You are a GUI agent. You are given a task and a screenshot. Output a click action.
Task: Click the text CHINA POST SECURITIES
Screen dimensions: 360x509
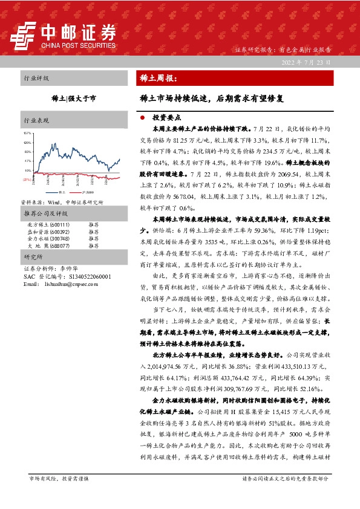[79, 44]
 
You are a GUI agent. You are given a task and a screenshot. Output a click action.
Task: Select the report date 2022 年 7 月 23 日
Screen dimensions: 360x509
[307, 63]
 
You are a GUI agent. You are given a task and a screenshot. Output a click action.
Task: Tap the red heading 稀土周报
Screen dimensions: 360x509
[155, 79]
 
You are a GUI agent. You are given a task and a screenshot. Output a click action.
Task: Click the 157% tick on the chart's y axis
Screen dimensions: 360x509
[27, 132]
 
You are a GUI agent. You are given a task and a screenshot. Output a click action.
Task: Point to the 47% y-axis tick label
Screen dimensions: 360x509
[27, 161]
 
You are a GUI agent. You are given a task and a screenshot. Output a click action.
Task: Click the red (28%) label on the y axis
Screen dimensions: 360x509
[27, 180]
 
